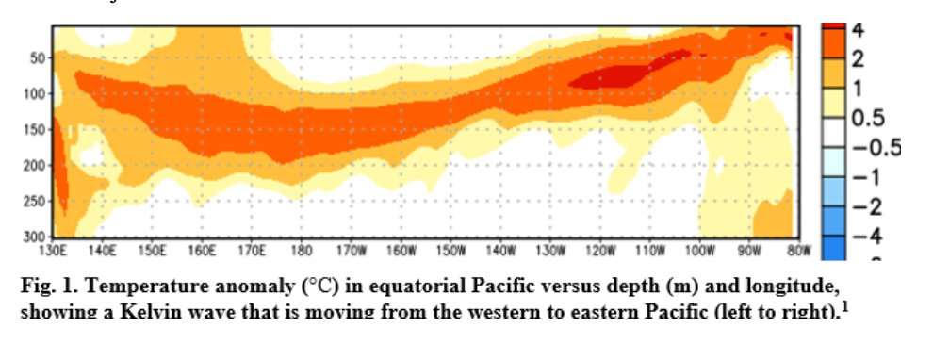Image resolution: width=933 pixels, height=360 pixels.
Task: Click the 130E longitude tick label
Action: (x=53, y=252)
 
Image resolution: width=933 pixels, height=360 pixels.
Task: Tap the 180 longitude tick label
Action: (x=302, y=252)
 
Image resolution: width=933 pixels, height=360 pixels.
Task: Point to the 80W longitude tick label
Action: (x=799, y=252)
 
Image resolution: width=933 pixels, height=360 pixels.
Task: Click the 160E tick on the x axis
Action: (x=202, y=252)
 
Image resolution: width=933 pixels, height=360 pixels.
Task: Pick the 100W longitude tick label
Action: (x=699, y=252)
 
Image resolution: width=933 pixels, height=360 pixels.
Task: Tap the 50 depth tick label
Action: (x=38, y=58)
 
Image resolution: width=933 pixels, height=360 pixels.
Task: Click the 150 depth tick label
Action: (x=34, y=130)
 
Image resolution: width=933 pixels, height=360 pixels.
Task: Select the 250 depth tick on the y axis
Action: (x=34, y=201)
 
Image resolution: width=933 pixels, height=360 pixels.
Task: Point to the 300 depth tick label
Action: (x=34, y=237)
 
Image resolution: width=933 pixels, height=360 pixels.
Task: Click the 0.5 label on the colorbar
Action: (x=868, y=118)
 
